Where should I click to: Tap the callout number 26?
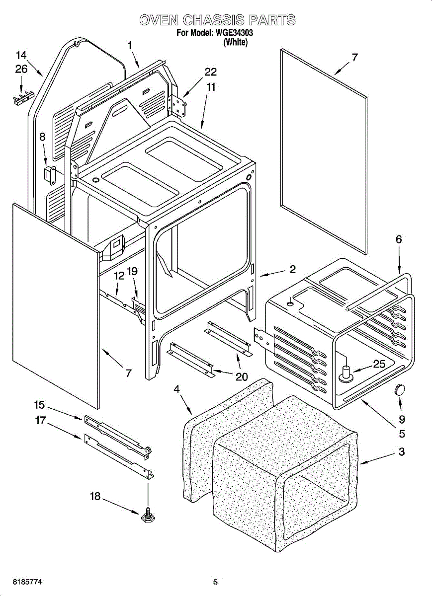click(21, 69)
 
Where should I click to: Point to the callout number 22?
click(210, 72)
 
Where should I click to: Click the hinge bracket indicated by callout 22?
click(177, 105)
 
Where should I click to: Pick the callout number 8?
click(42, 137)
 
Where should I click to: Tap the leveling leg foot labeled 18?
click(147, 517)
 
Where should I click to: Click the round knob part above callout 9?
click(398, 390)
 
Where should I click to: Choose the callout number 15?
click(39, 405)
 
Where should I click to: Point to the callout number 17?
click(40, 421)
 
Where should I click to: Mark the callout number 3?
click(402, 451)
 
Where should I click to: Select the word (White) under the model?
click(236, 42)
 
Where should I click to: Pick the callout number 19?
click(132, 271)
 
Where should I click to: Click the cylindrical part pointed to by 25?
click(346, 373)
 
